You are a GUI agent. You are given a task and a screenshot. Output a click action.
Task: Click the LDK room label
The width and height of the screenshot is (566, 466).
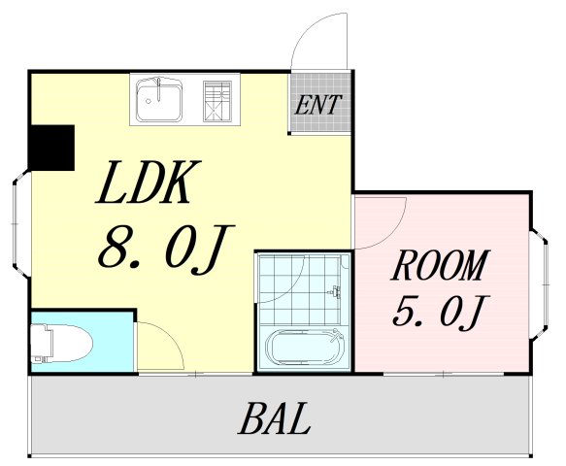click(x=148, y=183)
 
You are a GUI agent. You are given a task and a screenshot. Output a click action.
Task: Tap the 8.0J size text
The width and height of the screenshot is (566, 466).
click(x=166, y=249)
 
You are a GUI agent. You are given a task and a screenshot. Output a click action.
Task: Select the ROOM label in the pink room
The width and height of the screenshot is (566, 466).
click(x=440, y=265)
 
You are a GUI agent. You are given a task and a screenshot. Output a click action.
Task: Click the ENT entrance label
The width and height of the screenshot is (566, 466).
click(x=318, y=105)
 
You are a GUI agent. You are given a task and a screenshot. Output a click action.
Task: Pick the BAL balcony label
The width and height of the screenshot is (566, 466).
click(x=275, y=418)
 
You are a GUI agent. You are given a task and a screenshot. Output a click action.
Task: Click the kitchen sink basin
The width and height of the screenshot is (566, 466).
click(x=159, y=100)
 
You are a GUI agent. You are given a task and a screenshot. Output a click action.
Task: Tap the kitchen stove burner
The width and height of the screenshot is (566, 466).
click(x=216, y=101)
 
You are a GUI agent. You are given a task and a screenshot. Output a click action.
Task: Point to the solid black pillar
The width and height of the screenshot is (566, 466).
click(x=51, y=148)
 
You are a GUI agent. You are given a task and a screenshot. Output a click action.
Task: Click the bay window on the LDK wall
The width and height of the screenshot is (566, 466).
click(x=21, y=224)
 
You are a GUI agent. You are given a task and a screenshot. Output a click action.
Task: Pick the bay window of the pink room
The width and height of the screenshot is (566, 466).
click(x=540, y=284)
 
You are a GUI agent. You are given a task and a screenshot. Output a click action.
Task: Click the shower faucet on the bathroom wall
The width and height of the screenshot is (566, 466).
click(x=336, y=291)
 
